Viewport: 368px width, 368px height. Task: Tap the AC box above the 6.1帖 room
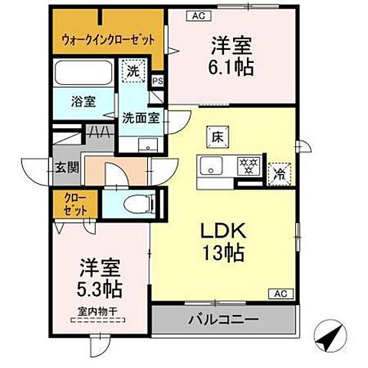197,15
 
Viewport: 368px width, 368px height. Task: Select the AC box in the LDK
280,294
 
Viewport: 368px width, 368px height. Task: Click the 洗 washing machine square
132,70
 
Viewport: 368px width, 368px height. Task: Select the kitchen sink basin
212,166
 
